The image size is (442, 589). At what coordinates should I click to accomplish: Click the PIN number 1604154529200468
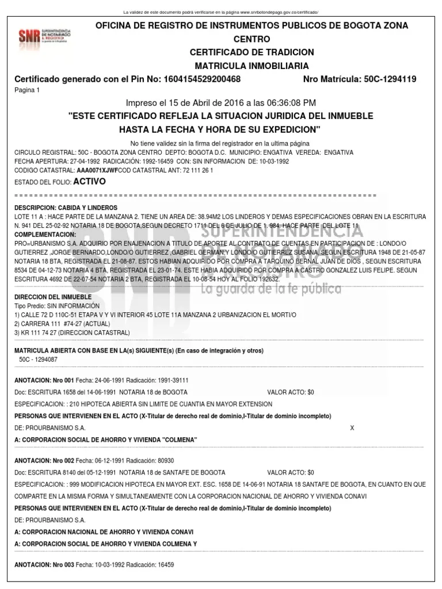tap(197, 79)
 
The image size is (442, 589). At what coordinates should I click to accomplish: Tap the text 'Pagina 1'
tap(27, 91)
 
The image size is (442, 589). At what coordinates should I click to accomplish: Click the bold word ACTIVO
tap(89, 181)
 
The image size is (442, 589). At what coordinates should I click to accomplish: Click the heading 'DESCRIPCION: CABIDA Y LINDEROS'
tap(66, 207)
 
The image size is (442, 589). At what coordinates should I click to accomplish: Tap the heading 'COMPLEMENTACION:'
tap(45, 235)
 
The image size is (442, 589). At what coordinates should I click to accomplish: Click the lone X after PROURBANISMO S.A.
tap(352, 428)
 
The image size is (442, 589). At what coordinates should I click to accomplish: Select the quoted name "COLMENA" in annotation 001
tap(178, 440)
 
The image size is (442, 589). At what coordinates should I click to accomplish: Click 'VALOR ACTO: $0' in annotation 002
tap(291, 472)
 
